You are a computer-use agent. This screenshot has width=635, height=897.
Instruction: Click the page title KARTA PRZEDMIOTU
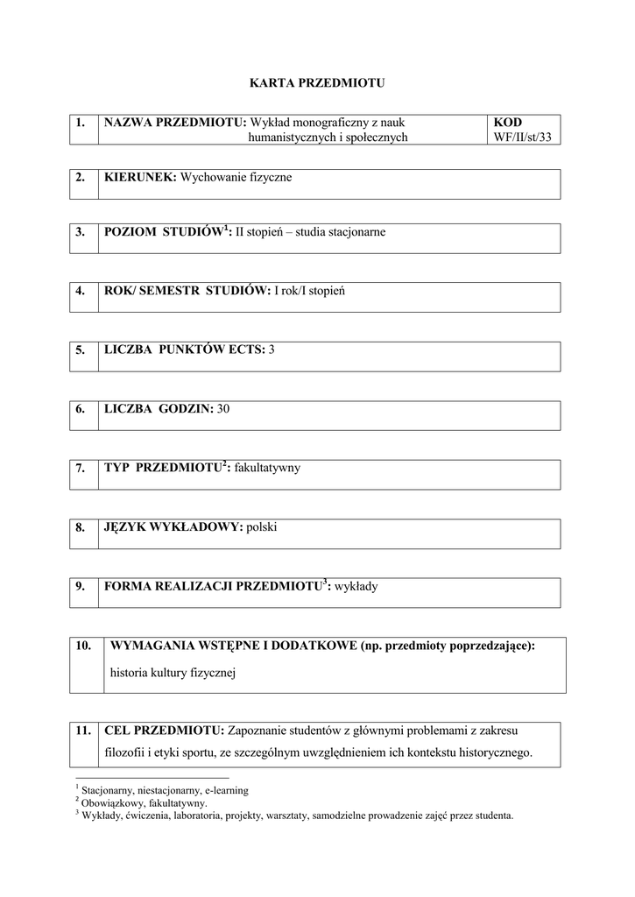(x=317, y=83)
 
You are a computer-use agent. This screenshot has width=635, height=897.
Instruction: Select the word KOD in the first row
(x=508, y=123)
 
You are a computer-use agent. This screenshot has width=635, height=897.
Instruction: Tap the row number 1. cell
(x=81, y=123)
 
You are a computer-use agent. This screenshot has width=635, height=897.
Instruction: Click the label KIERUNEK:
(x=140, y=177)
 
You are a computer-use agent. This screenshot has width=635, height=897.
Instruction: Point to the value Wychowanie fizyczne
(x=236, y=177)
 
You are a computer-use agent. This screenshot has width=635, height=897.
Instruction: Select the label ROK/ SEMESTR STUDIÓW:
(x=187, y=290)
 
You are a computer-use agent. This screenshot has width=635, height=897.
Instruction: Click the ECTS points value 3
(x=272, y=350)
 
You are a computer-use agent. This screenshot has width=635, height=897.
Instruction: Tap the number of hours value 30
(x=223, y=408)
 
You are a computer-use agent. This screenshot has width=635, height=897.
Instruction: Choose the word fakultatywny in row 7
(x=267, y=468)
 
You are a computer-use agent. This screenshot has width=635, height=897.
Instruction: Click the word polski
(x=262, y=527)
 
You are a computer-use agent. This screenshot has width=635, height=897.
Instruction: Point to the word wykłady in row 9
(x=356, y=586)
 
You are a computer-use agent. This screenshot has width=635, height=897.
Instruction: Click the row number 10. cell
(x=84, y=646)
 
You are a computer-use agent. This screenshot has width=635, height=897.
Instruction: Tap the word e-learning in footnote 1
(x=226, y=790)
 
